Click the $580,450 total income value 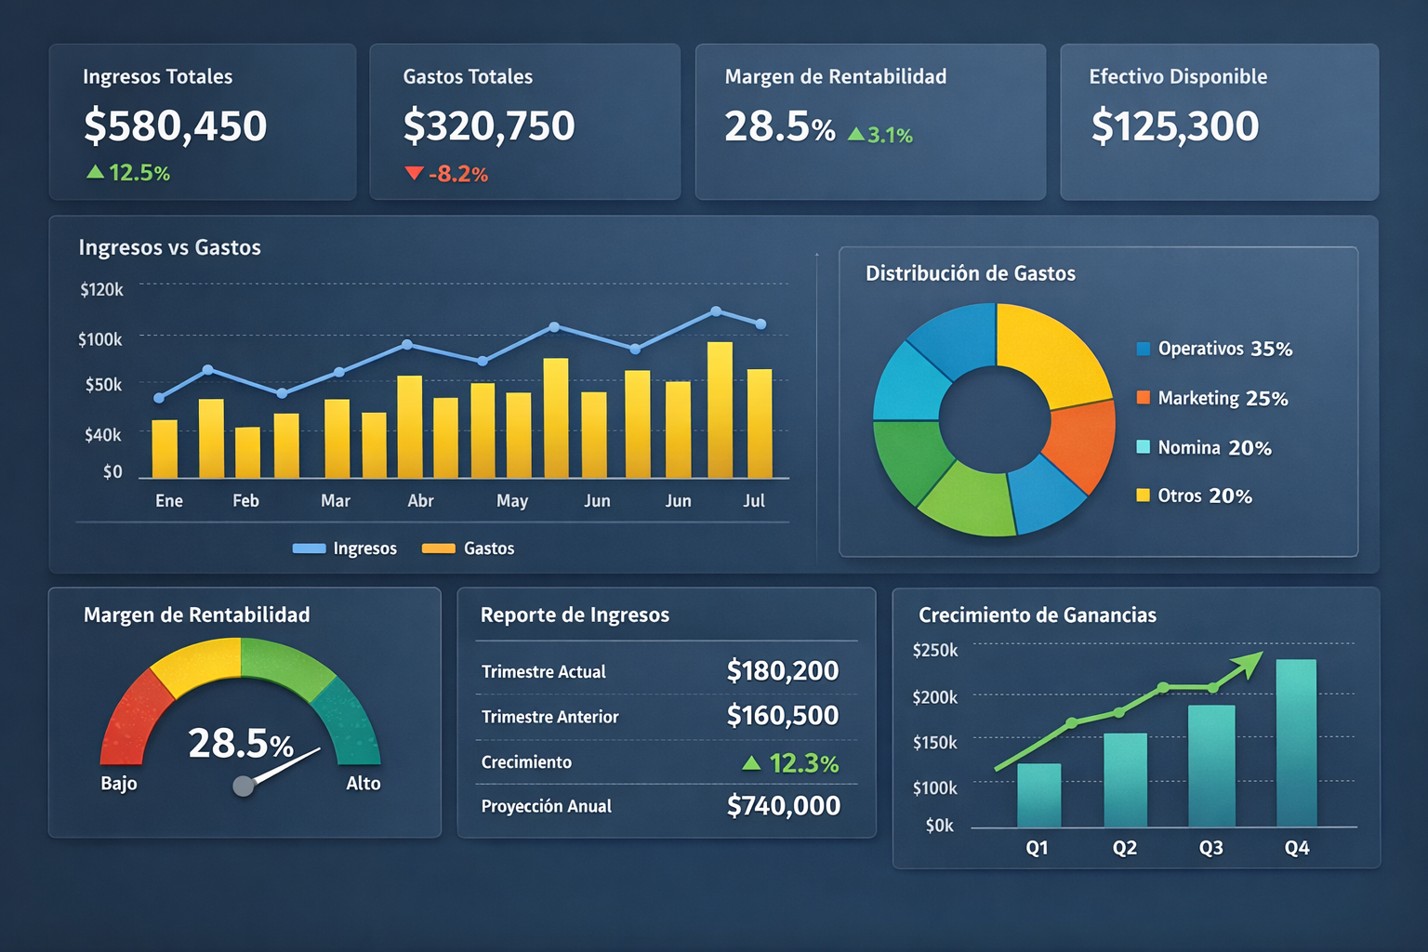(x=175, y=126)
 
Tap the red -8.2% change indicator (x=447, y=174)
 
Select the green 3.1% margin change (x=880, y=135)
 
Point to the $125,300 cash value (x=1174, y=126)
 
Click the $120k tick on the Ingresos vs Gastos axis (x=101, y=289)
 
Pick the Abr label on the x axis (x=420, y=500)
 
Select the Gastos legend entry (x=469, y=549)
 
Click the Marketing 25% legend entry (x=1212, y=398)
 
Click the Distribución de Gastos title (x=970, y=273)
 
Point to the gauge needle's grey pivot (x=244, y=787)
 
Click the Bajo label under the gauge (x=119, y=783)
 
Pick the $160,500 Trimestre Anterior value (x=782, y=715)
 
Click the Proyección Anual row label (x=546, y=806)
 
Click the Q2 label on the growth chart (x=1124, y=848)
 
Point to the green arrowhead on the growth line (x=1249, y=661)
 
